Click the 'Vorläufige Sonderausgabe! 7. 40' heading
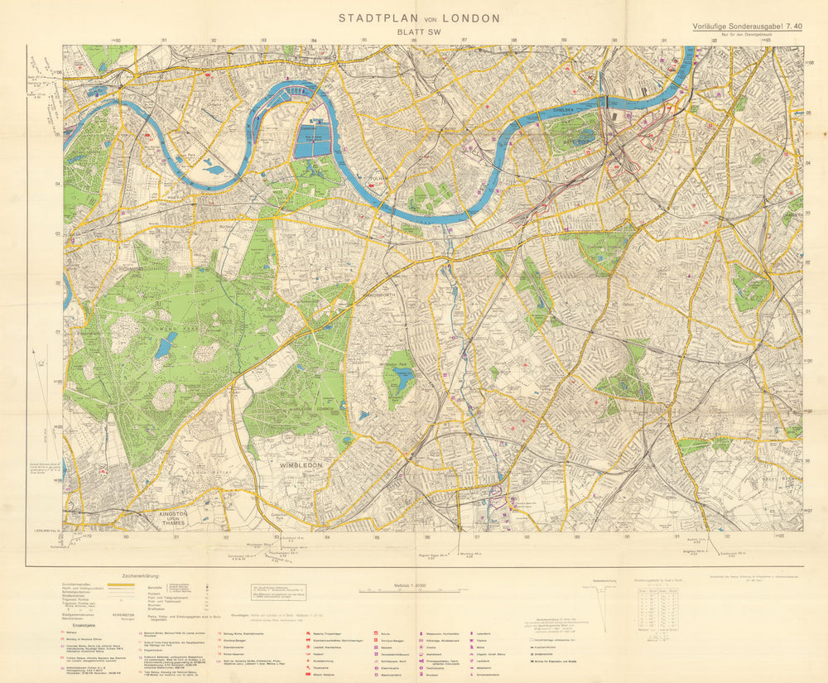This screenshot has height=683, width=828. pos(747,26)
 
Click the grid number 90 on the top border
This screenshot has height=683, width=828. pos(614,41)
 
